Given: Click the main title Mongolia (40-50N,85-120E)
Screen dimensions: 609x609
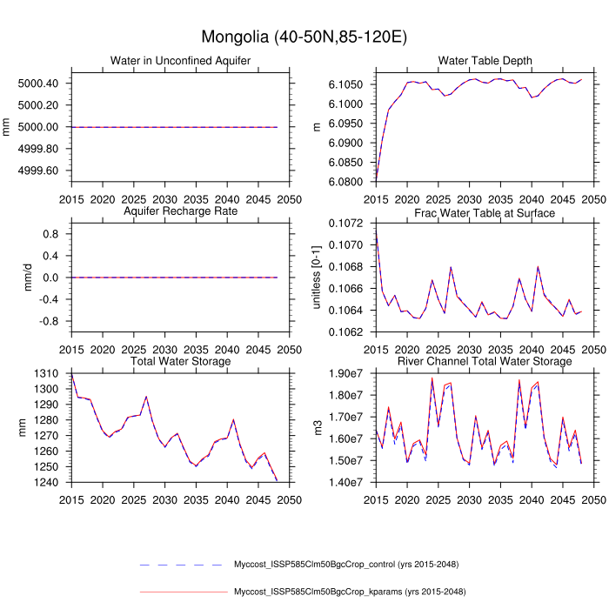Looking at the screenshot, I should [x=304, y=37].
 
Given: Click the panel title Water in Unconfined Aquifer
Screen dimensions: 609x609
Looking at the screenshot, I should [x=181, y=60].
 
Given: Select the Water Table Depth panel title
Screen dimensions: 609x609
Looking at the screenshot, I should [x=485, y=60].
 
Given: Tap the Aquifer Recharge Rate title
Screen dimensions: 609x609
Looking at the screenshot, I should [x=181, y=212].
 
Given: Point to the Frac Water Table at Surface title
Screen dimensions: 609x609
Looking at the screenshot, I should [x=485, y=212].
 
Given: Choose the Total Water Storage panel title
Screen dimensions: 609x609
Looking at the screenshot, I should [x=181, y=361].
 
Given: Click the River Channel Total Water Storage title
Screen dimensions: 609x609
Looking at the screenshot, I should [x=485, y=361].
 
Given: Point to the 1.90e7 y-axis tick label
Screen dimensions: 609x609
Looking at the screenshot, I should [x=349, y=374].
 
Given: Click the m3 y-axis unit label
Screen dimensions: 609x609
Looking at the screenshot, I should [x=318, y=427].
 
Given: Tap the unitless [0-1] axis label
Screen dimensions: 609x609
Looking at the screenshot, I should [x=318, y=278].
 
